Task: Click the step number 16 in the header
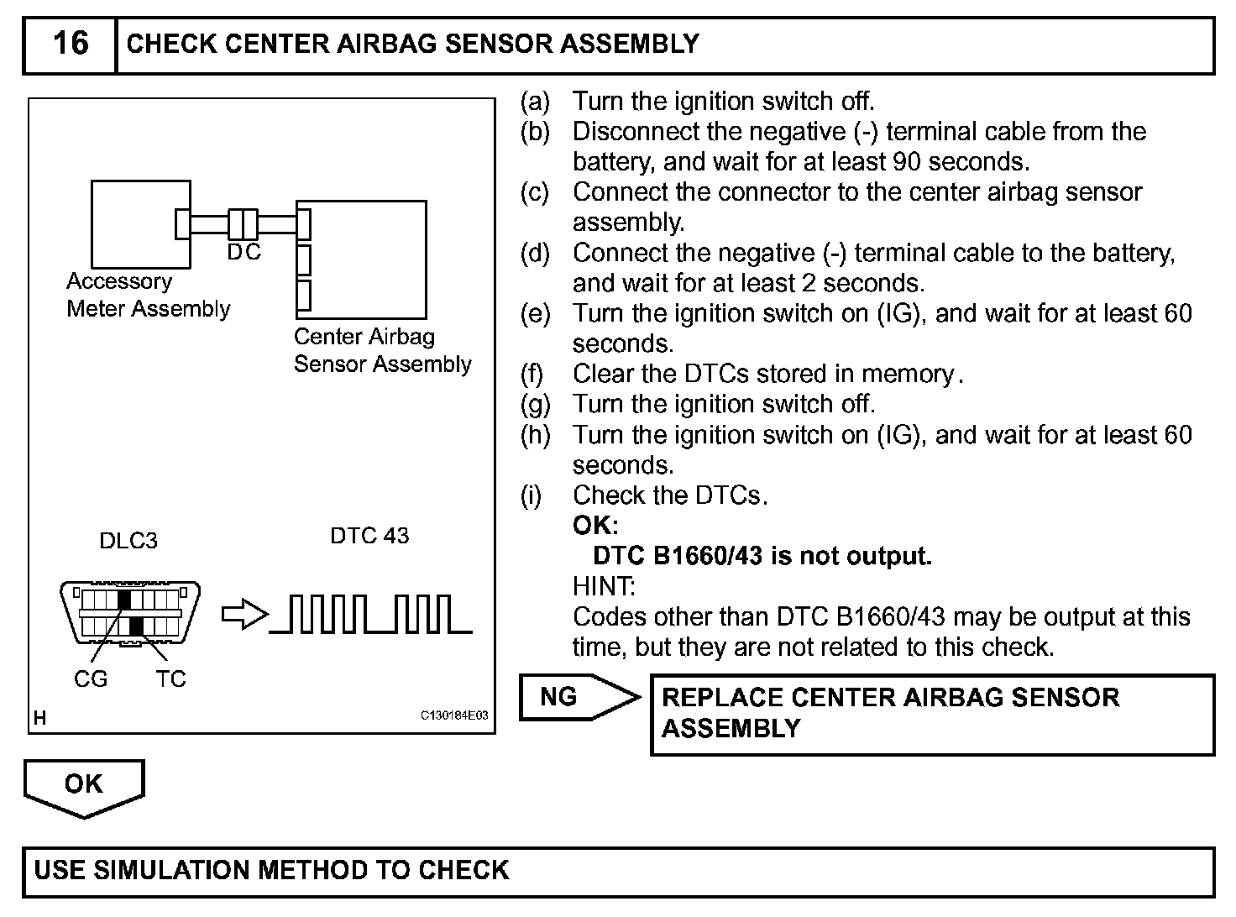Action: tap(70, 43)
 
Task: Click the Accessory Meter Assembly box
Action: tap(134, 223)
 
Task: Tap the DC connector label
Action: tap(244, 252)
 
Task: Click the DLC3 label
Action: tap(128, 541)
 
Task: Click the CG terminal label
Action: tap(91, 679)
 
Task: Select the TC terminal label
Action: tap(170, 679)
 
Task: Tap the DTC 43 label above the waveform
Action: tap(369, 536)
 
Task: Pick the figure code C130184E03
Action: tap(453, 716)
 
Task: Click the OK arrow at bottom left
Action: tap(84, 786)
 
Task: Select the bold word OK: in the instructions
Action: tap(595, 526)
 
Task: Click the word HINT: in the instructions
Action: tap(604, 586)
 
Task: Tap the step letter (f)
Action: tap(532, 374)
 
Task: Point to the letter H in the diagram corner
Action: tap(39, 718)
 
